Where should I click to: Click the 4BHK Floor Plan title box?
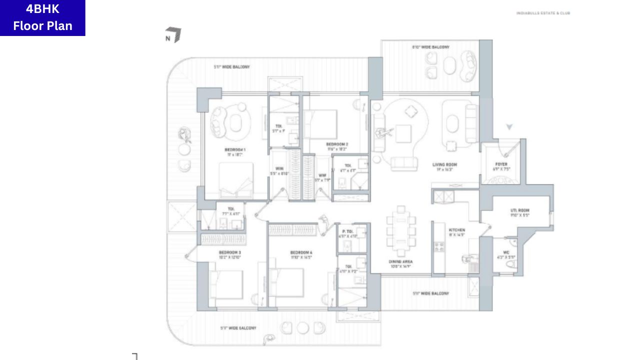(42, 18)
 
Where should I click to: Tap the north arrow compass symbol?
(173, 35)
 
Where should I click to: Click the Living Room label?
(444, 166)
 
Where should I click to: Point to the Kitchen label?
(456, 232)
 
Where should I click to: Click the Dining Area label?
(400, 263)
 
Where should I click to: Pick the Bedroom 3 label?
(230, 254)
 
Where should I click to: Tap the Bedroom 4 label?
(301, 254)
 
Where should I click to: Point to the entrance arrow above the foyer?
(509, 127)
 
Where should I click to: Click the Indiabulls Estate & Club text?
(543, 13)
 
